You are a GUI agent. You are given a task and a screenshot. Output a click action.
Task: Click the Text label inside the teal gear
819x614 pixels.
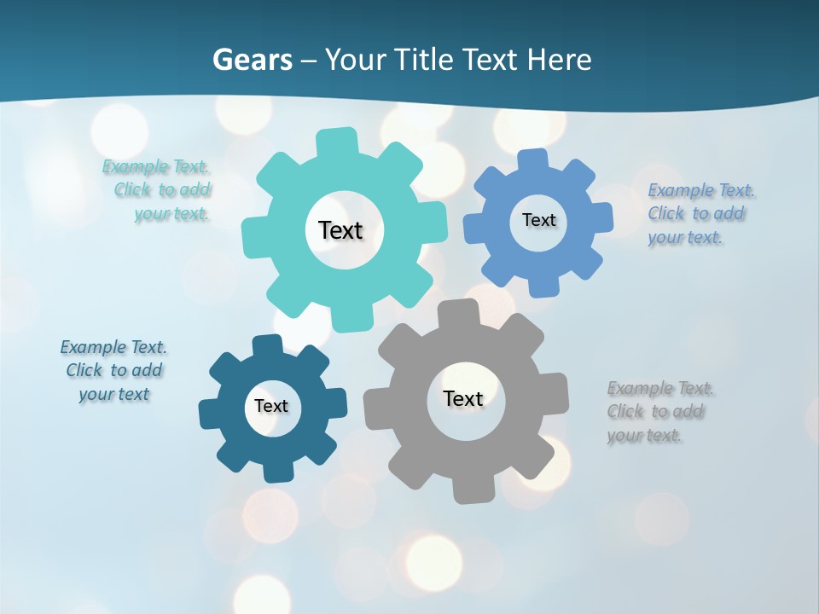(340, 230)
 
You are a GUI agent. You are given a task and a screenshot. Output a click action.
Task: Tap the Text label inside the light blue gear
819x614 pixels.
(538, 220)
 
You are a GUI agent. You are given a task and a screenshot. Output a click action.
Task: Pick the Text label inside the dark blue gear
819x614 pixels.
(271, 406)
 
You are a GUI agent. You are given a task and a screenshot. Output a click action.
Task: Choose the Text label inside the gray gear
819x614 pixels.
(462, 398)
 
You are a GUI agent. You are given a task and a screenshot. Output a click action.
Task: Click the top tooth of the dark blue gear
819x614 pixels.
(267, 345)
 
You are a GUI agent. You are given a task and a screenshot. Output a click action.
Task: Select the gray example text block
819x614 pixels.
(658, 412)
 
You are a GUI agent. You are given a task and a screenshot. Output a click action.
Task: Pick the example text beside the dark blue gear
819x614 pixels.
(113, 370)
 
